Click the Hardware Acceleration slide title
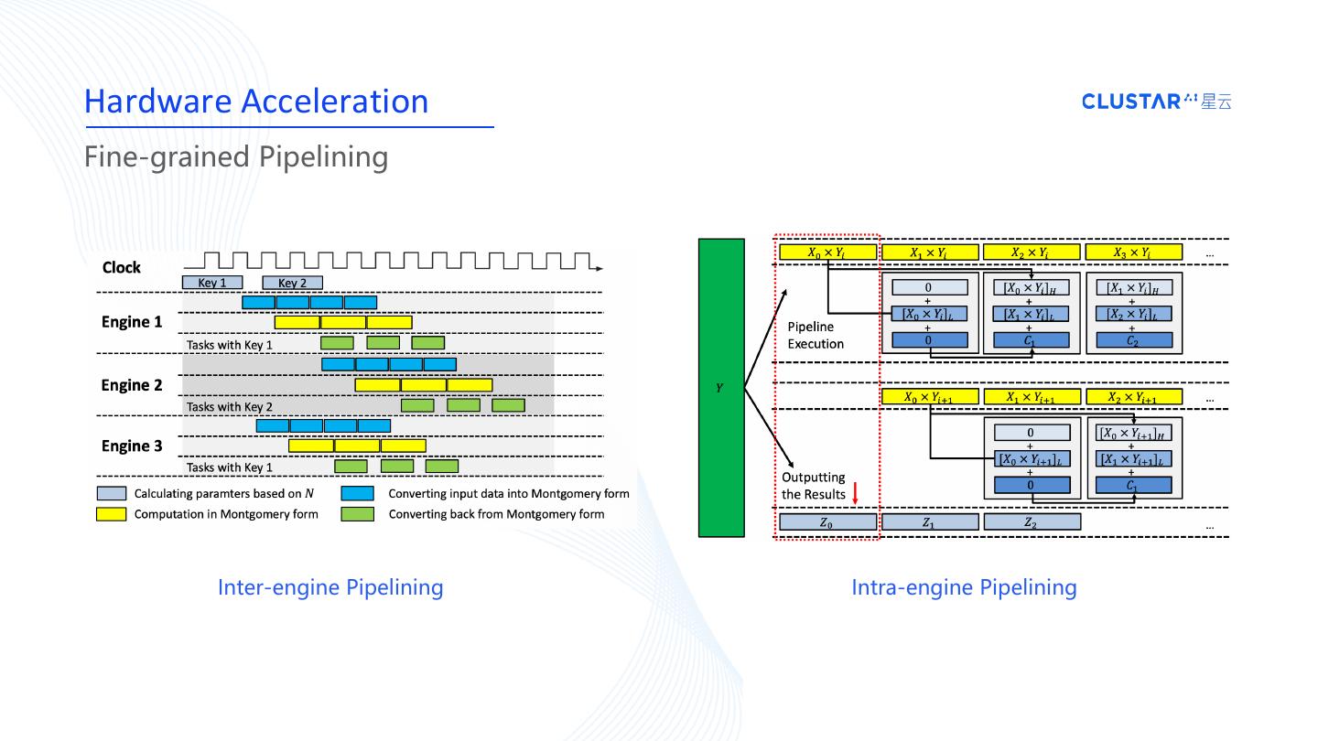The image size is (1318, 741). [x=256, y=101]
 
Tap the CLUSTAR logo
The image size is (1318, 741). [x=1156, y=102]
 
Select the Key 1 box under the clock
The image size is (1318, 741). [x=212, y=283]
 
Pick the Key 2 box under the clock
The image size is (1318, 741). [x=292, y=283]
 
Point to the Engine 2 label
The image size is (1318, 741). [x=132, y=385]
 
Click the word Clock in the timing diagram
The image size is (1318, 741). [x=122, y=267]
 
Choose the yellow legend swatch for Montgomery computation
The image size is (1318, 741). [x=111, y=514]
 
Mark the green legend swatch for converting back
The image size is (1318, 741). [x=357, y=514]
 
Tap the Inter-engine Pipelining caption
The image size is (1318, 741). [x=330, y=587]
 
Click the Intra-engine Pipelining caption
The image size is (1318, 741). [x=964, y=587]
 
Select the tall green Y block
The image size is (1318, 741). [x=721, y=387]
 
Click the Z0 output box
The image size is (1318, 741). [x=826, y=522]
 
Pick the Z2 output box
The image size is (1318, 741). [x=1032, y=522]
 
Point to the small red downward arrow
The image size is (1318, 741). [x=855, y=494]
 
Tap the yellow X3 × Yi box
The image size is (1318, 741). [x=1133, y=252]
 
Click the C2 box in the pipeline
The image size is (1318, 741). [x=1134, y=340]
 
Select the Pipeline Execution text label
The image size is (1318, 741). [x=816, y=335]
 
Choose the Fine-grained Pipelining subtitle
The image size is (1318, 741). [x=236, y=156]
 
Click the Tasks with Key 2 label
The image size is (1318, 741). [x=230, y=406]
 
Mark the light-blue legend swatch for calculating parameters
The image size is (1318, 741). [x=111, y=493]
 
